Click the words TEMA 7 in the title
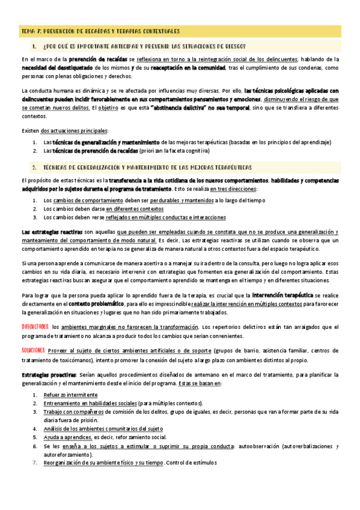pyautogui.click(x=30, y=31)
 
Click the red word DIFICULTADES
pyautogui.click(x=35, y=327)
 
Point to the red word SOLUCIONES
pyautogui.click(x=34, y=350)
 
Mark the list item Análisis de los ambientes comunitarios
pyautogui.click(x=103, y=429)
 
